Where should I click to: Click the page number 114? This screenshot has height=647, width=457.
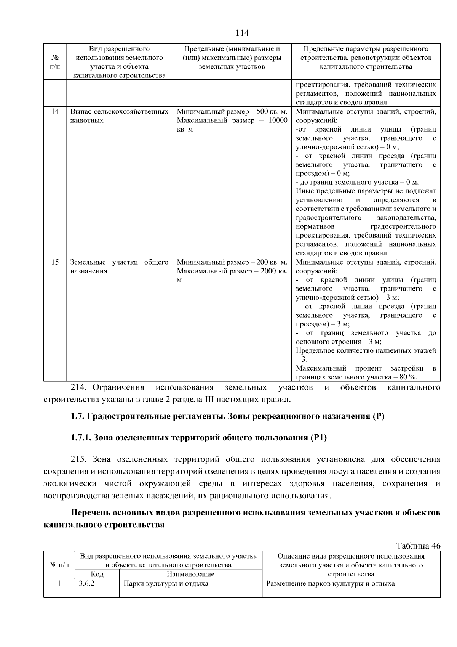(x=242, y=33)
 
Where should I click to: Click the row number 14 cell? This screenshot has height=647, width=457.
(x=55, y=112)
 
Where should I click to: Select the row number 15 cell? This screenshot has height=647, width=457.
(x=55, y=262)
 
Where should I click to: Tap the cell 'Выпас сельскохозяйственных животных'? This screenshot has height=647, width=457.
(x=119, y=116)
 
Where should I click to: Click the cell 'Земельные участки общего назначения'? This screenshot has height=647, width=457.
(x=119, y=267)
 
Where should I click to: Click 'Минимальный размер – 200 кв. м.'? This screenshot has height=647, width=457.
(x=232, y=262)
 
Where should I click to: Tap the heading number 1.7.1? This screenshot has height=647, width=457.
(x=81, y=438)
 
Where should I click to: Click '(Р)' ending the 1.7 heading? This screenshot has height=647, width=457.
(x=378, y=416)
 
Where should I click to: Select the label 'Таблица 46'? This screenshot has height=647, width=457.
(x=418, y=546)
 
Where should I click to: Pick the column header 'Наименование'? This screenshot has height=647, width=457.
(x=190, y=574)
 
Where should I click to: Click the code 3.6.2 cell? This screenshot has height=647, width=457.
(x=86, y=584)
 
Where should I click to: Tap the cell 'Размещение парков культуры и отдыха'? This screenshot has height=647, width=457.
(x=330, y=584)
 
